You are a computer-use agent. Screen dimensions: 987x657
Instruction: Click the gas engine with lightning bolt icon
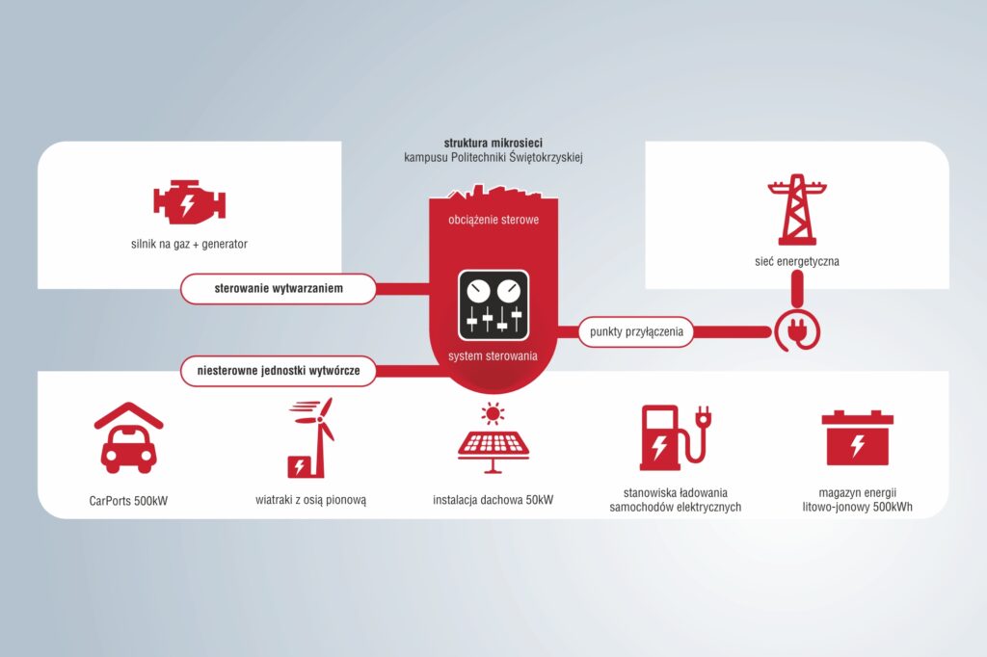pos(190,202)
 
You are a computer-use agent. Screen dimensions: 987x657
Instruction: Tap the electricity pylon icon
pos(797,210)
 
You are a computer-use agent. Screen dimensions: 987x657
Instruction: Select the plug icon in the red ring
pos(797,332)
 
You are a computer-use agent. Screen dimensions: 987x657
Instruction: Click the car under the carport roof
pos(128,449)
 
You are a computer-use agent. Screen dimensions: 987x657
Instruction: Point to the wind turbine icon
pos(311,438)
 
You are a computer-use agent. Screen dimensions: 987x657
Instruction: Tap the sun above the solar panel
pos(493,413)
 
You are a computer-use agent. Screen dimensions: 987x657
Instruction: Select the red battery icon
pos(857,438)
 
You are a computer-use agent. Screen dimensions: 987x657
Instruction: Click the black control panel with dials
pos(493,305)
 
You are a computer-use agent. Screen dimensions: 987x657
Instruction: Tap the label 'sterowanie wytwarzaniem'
pos(279,289)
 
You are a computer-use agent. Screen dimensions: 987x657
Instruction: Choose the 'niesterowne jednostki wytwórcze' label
pos(279,371)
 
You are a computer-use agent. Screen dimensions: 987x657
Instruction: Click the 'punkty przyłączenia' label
pos(636,331)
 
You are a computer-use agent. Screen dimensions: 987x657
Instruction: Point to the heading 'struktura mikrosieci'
pos(493,143)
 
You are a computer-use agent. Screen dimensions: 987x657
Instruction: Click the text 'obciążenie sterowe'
pos(493,220)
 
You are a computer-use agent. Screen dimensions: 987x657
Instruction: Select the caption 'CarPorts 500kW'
pos(128,501)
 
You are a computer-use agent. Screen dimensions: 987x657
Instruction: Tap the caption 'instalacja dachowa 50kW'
pos(493,500)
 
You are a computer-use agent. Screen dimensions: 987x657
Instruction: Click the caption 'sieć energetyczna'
pos(797,261)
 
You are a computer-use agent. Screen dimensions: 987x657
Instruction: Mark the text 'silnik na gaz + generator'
pos(190,244)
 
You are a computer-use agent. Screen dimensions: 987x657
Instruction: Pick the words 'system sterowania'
pos(493,356)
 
